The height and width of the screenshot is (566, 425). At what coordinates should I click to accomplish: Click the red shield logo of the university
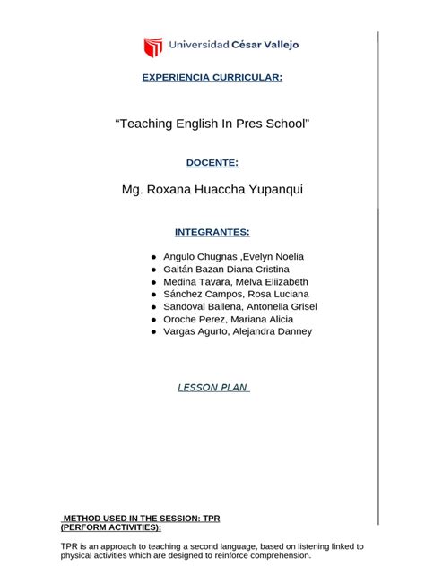tap(153, 47)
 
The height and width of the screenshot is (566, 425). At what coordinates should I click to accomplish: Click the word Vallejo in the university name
tap(277, 45)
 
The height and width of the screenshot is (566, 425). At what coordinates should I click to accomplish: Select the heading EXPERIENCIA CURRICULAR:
tap(212, 78)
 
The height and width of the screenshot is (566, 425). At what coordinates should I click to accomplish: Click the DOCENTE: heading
tap(212, 162)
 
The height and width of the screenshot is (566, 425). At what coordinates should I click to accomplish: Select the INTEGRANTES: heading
tap(212, 232)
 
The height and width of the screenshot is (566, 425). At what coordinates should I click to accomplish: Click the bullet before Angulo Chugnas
tap(154, 256)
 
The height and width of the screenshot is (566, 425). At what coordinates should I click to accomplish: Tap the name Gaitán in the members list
tap(179, 269)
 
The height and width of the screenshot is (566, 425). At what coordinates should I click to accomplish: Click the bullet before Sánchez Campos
tap(154, 294)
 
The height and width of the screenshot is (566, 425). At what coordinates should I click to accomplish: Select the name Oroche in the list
tap(181, 319)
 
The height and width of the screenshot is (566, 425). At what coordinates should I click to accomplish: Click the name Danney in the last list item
tap(292, 331)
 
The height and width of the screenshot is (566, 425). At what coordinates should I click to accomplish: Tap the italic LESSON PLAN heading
tap(212, 388)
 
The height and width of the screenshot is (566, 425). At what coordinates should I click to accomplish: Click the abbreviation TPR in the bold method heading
tap(212, 519)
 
